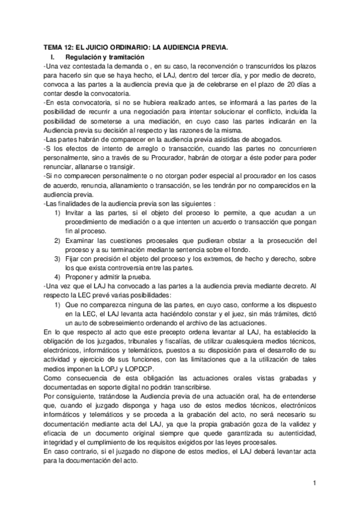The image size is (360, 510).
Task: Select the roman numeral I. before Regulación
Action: pyautogui.click(x=53, y=55)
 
